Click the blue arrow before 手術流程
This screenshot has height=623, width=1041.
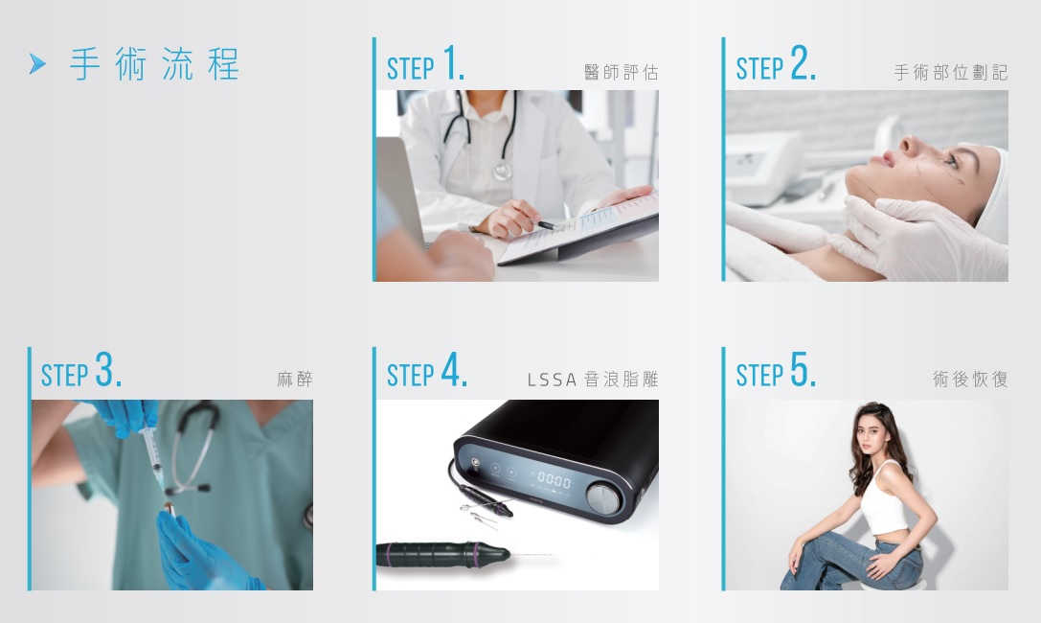tap(38, 64)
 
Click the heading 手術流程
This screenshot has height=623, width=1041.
tap(154, 64)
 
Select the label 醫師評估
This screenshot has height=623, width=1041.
tap(621, 73)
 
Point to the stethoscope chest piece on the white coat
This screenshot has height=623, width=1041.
tap(503, 172)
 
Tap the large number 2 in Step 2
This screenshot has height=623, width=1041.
tap(802, 63)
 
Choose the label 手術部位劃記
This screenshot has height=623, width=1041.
tap(951, 73)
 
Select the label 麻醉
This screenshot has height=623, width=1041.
tap(295, 380)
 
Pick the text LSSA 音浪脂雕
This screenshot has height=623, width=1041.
tap(593, 380)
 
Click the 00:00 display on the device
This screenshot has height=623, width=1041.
tap(554, 479)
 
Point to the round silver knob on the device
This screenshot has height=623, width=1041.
tap(603, 497)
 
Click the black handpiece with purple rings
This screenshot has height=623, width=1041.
tap(442, 554)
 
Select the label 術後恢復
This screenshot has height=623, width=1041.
tap(970, 380)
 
